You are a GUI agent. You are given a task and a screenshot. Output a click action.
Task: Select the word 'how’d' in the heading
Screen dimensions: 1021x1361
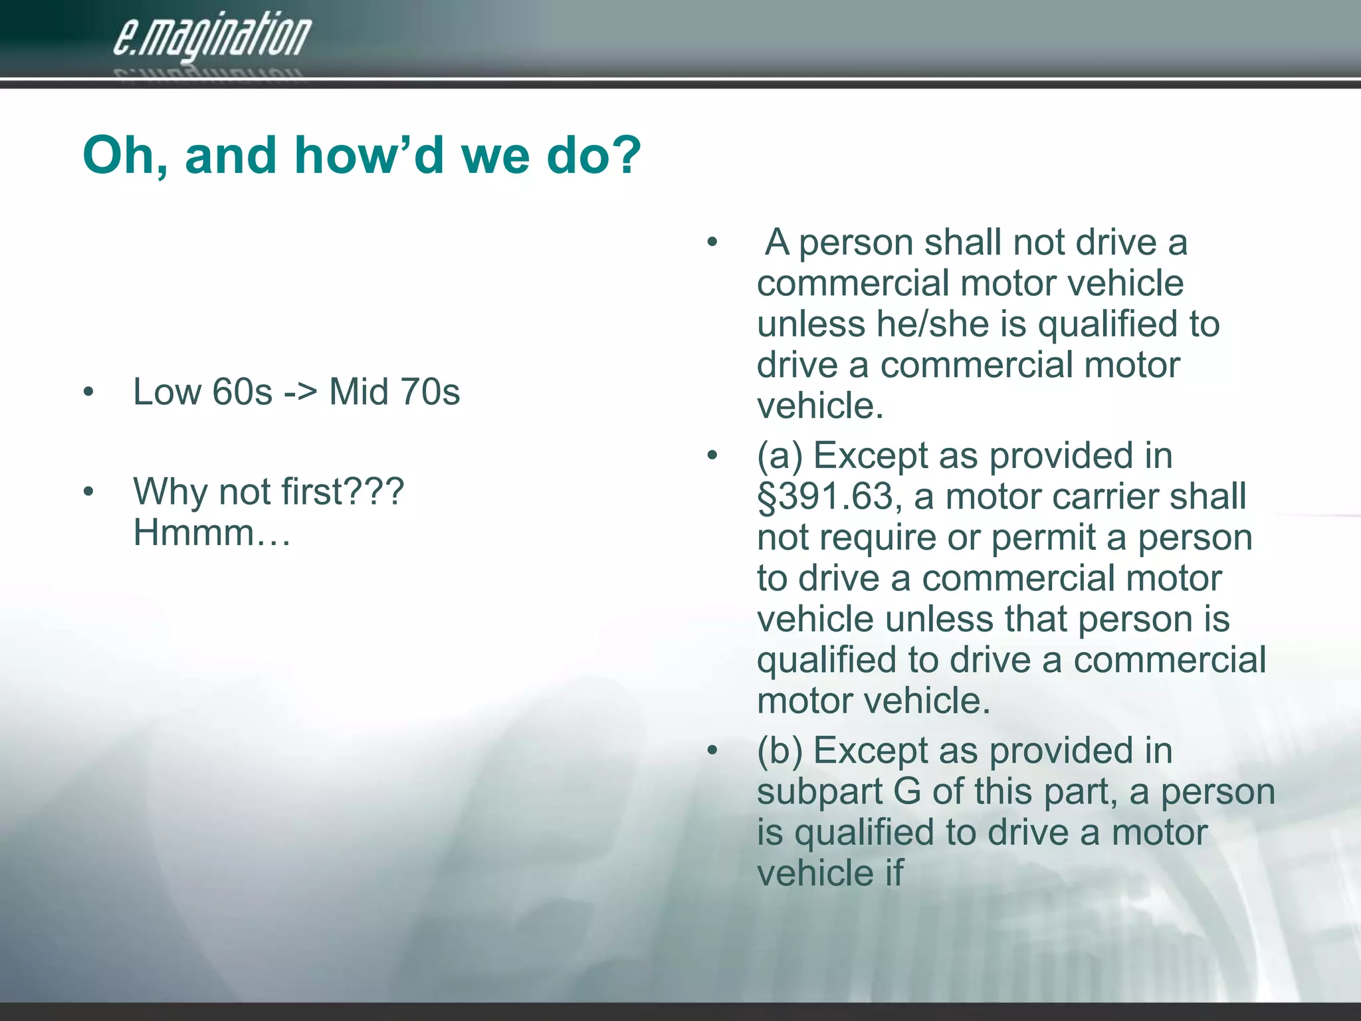click(x=369, y=154)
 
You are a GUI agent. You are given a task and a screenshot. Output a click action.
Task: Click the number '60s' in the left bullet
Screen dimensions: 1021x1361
click(x=242, y=392)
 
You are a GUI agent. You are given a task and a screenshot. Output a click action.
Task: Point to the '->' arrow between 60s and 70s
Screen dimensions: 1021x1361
click(x=300, y=393)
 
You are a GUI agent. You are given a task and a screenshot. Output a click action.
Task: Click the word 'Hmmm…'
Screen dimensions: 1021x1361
click(x=212, y=532)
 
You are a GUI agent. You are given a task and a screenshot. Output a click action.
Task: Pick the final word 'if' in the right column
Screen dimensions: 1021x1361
click(x=894, y=873)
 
